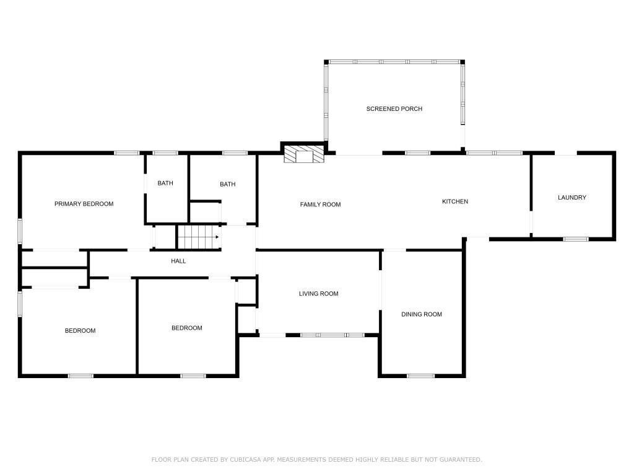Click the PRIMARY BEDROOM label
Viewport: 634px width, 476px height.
pyautogui.click(x=84, y=204)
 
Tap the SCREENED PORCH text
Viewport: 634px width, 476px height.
pyautogui.click(x=394, y=109)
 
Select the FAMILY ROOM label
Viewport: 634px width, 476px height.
pyautogui.click(x=320, y=205)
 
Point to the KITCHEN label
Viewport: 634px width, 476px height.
pyautogui.click(x=455, y=201)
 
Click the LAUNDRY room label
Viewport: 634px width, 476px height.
pyautogui.click(x=571, y=198)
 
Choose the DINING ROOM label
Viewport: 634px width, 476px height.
pyautogui.click(x=421, y=314)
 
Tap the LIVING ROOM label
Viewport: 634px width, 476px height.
pyautogui.click(x=319, y=294)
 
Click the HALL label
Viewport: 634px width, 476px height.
pyautogui.click(x=178, y=261)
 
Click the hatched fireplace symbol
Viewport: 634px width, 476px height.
pyautogui.click(x=304, y=154)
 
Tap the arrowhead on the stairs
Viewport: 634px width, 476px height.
pyautogui.click(x=217, y=237)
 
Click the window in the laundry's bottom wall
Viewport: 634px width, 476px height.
pyautogui.click(x=576, y=239)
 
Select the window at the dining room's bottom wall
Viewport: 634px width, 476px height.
pyautogui.click(x=420, y=376)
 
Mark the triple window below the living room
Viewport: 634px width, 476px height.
pyautogui.click(x=332, y=335)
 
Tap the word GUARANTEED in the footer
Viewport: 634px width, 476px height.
pyautogui.click(x=461, y=460)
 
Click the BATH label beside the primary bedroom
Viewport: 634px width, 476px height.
pyautogui.click(x=165, y=183)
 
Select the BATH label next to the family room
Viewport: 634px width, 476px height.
pyautogui.click(x=228, y=184)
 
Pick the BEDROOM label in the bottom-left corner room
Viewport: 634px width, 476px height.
pyautogui.click(x=80, y=331)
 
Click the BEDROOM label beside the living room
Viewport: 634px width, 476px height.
pyautogui.click(x=187, y=328)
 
